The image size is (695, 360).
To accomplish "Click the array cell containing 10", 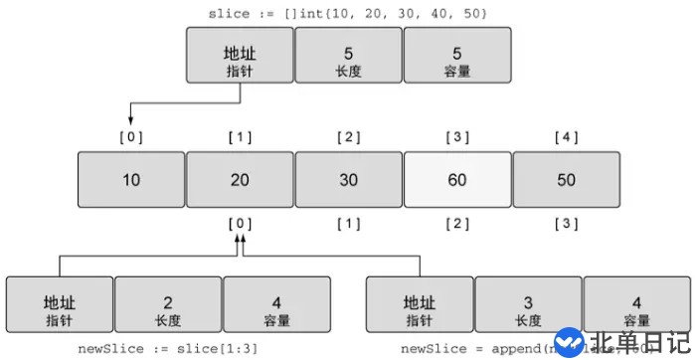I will (x=131, y=180).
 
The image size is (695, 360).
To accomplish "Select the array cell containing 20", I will (x=240, y=180).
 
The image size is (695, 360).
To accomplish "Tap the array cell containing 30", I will (x=349, y=180).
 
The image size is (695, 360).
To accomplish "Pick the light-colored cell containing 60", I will (x=457, y=180).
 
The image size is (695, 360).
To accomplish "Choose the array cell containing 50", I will (x=566, y=180).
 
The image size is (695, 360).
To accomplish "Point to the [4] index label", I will (x=566, y=134).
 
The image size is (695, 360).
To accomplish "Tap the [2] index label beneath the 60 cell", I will (x=457, y=223).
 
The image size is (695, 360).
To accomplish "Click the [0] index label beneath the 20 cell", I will (x=240, y=223).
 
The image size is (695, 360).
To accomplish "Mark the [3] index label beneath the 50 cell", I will (x=566, y=223).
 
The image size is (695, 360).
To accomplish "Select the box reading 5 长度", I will (x=349, y=54).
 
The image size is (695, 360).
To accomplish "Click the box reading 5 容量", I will (x=457, y=54).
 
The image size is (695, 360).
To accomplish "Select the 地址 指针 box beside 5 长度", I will (x=240, y=54).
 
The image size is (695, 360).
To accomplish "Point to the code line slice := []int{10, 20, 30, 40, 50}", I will (x=348, y=12).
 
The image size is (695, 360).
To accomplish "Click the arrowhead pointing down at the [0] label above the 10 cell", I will (x=130, y=120).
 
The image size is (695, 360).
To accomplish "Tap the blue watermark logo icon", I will (x=569, y=343).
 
